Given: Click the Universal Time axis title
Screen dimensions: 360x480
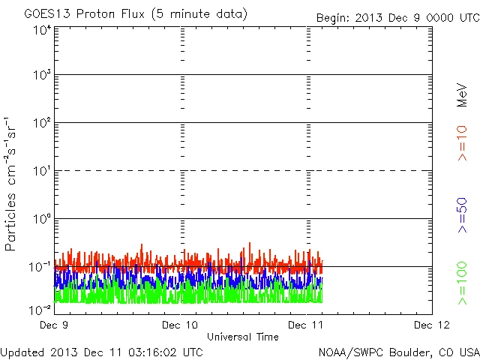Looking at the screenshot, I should tap(242, 337).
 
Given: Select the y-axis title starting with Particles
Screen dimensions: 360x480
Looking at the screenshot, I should tap(12, 184).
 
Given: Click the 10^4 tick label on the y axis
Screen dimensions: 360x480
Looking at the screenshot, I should tap(42, 31).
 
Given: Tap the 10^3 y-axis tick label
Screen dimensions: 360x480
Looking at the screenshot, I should tap(42, 76).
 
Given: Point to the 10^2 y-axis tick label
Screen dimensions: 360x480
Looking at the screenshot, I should tap(42, 124).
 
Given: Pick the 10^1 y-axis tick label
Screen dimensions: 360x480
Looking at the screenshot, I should tap(42, 172).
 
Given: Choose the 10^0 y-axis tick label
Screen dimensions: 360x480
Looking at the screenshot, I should tap(42, 220).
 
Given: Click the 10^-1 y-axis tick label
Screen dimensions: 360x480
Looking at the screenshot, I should tap(40, 268).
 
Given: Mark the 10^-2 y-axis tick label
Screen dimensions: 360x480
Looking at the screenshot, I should tap(40, 308).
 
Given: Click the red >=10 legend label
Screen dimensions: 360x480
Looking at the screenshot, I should tap(462, 142).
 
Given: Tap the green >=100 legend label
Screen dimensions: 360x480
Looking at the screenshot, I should tap(462, 283).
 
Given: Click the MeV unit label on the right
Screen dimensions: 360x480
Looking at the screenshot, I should tap(462, 96).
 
